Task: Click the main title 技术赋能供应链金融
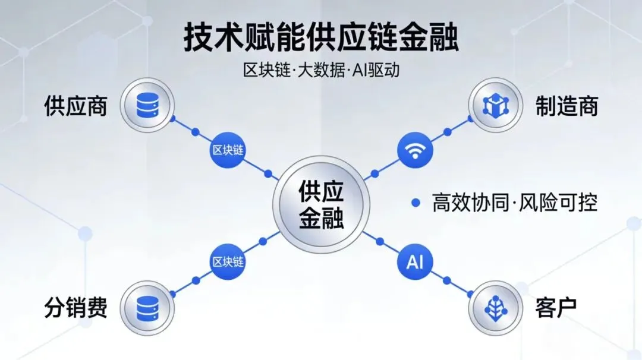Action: point(321,37)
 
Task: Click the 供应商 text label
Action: point(75,106)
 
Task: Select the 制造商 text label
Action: point(567,106)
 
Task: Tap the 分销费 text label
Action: point(75,308)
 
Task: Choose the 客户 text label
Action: point(556,308)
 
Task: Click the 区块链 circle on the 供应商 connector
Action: point(228,150)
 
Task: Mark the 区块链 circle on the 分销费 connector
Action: point(228,261)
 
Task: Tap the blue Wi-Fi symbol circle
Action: point(415,150)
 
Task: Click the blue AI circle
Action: point(415,261)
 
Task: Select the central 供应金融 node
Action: point(321,206)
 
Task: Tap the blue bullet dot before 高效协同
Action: point(416,203)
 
